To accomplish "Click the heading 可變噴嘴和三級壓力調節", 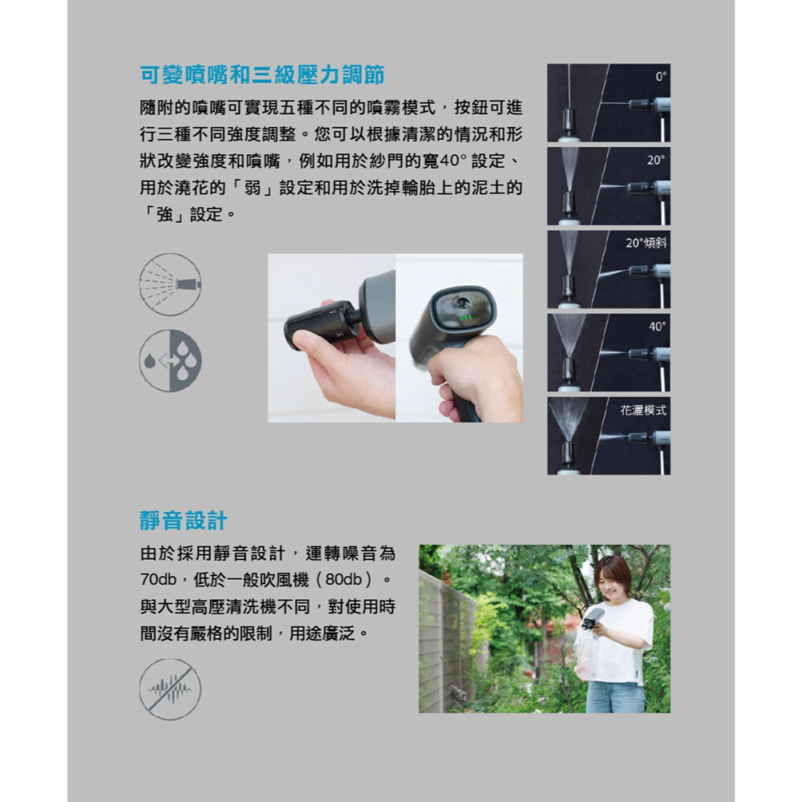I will (261, 76).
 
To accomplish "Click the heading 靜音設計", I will (184, 520).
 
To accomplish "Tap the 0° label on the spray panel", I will (660, 77).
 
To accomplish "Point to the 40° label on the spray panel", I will (658, 326).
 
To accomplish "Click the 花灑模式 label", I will (643, 410).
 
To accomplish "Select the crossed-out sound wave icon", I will (170, 689).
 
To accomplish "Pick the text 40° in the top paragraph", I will (449, 161).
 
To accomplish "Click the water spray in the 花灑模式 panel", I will (569, 417).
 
